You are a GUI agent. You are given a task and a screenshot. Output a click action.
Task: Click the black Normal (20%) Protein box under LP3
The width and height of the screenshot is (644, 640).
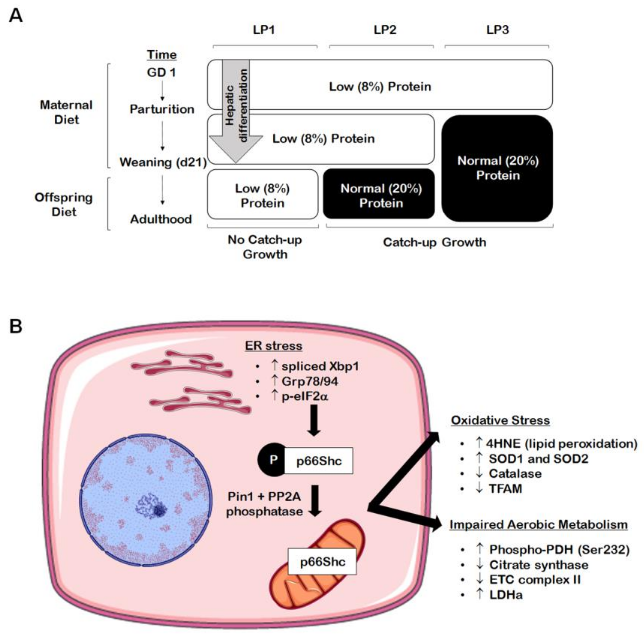coord(497,168)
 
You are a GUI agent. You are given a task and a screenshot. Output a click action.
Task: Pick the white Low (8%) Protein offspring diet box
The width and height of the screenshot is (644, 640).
coord(263,194)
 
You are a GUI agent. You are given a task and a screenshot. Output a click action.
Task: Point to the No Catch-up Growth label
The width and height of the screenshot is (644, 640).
coord(265,247)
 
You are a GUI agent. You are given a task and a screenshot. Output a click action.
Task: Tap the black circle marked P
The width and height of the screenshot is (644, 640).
coord(273,460)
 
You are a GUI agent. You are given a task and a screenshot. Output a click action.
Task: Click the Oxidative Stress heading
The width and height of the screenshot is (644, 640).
coord(500,420)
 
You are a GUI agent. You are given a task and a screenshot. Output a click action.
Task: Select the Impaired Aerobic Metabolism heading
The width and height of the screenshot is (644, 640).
coord(539,524)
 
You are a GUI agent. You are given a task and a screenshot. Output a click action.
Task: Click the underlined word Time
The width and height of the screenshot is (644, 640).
coord(162,55)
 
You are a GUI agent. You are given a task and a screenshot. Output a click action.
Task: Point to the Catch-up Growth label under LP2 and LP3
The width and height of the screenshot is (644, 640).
coord(434,242)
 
